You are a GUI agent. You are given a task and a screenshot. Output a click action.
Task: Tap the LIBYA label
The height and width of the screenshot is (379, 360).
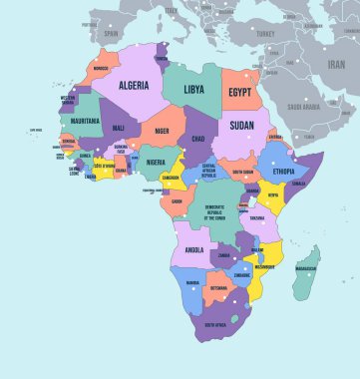tap(194, 89)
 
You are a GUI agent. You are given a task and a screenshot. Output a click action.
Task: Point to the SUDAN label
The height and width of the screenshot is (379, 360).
tap(241, 127)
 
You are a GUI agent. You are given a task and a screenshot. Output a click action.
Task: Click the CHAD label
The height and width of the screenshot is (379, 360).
tap(197, 139)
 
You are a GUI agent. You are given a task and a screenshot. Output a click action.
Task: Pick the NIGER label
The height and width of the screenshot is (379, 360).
tap(162, 128)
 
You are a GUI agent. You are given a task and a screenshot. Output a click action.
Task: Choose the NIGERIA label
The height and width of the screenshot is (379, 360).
tap(155, 163)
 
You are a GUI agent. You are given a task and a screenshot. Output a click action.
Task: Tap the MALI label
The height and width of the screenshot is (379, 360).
tap(119, 129)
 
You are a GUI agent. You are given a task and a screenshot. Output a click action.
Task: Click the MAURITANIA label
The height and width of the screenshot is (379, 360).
tap(87, 121)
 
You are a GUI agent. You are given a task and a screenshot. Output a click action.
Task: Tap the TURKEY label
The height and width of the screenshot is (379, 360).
tap(265, 32)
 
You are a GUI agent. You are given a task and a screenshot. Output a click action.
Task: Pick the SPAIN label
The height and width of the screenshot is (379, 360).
tap(112, 33)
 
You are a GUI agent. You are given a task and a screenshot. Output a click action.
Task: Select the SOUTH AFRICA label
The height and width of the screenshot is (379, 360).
tap(216, 325)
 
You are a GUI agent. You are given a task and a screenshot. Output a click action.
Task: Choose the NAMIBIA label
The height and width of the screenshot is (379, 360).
tap(192, 283)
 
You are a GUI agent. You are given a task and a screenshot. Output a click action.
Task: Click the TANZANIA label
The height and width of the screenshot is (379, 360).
tap(257, 217)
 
